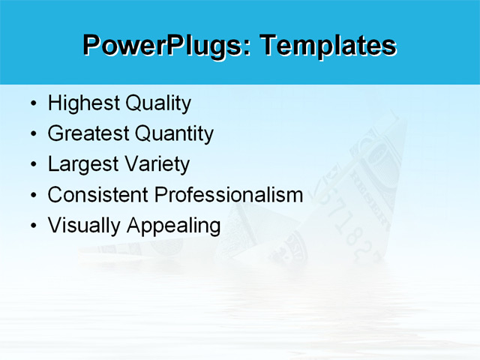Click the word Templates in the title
328,45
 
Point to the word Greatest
88,134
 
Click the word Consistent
97,195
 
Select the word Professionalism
228,195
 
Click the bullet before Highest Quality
32,104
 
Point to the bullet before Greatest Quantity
32,135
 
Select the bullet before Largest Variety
32,165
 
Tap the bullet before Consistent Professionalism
32,196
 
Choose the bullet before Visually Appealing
32,226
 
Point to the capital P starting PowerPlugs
92,45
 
